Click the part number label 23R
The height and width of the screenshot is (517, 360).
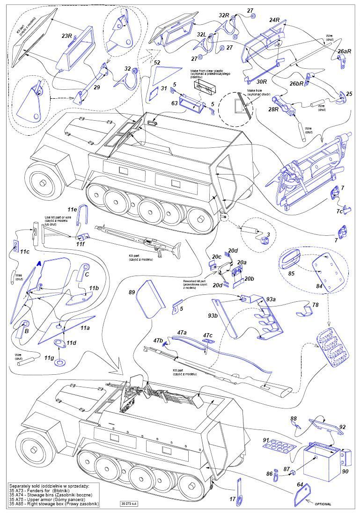point(66,35)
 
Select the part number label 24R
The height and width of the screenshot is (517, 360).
point(274,20)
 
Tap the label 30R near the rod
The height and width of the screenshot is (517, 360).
point(262,81)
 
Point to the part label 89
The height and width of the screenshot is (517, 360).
point(132,292)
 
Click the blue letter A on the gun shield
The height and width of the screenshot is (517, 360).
point(39,264)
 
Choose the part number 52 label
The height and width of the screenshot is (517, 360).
point(157,62)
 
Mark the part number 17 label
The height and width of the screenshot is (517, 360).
point(233,499)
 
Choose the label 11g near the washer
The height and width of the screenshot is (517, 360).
point(49,358)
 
